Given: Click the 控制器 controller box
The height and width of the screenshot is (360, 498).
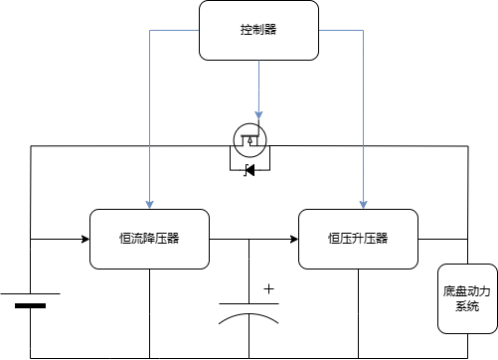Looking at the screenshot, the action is click(258, 31).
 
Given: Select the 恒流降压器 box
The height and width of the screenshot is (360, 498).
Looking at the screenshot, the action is click(149, 239).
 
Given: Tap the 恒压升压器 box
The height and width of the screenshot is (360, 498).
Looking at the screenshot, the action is click(358, 239).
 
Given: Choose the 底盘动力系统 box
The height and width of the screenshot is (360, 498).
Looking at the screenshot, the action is click(467, 298).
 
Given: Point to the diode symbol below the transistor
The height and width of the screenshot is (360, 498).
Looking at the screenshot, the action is click(249, 170).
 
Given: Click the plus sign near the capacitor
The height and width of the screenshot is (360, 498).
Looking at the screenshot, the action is click(268, 289).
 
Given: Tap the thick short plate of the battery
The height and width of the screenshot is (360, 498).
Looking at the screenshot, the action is click(30, 305).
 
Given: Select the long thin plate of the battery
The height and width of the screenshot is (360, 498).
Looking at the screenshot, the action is click(30, 293).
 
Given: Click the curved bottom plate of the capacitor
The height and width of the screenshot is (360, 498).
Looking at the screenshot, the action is click(249, 314).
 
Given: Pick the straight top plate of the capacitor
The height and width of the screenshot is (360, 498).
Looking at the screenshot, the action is click(249, 303).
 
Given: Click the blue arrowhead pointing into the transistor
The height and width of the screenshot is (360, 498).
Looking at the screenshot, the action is click(258, 115).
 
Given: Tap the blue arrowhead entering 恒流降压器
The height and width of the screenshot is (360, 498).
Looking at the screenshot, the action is click(149, 205).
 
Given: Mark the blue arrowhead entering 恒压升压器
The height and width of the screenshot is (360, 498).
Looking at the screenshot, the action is click(364, 205).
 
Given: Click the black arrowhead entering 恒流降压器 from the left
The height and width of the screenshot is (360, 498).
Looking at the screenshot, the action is click(85, 239).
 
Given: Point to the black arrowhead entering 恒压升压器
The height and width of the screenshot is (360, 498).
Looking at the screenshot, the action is click(294, 239).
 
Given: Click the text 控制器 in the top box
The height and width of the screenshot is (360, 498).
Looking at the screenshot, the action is click(258, 30).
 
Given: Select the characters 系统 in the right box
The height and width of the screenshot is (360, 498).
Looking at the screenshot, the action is click(467, 306).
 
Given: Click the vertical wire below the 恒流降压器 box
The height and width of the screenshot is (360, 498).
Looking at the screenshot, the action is click(149, 313).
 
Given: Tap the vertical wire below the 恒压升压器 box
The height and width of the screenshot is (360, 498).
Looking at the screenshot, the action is click(358, 313).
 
